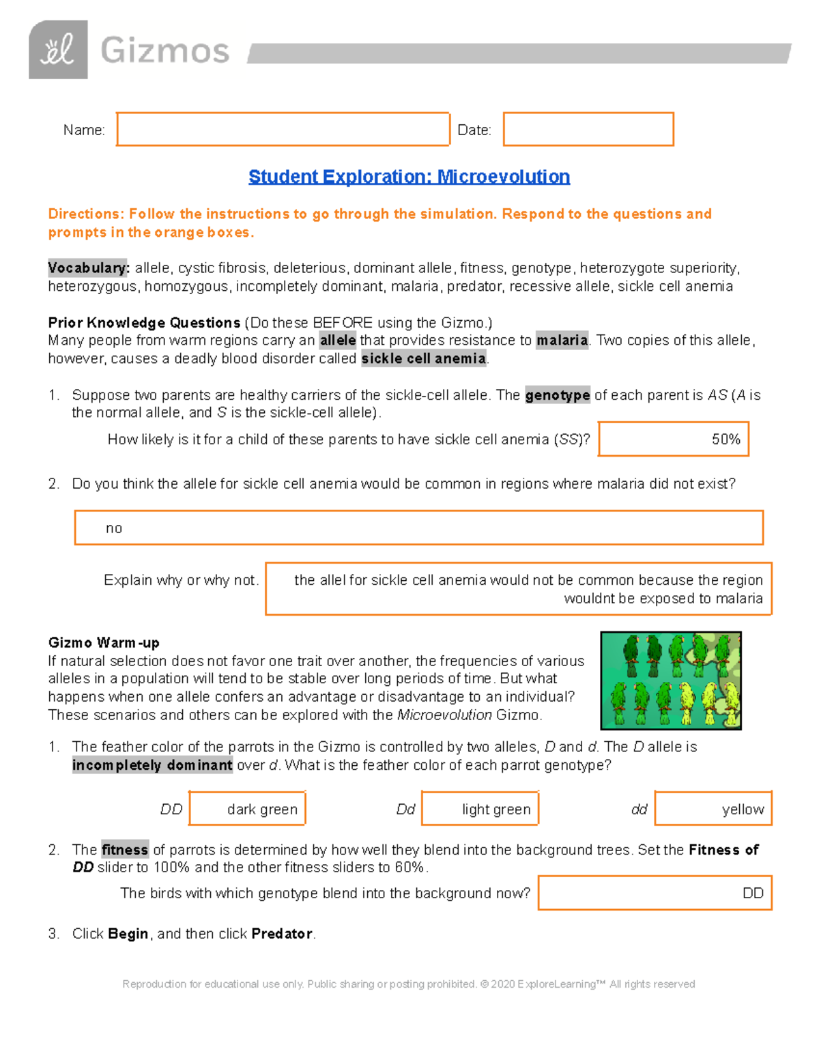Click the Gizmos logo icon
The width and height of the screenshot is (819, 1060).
[58, 50]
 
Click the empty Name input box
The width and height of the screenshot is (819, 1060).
[283, 129]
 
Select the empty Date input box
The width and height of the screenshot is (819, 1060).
[588, 129]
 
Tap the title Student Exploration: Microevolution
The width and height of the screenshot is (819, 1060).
[409, 177]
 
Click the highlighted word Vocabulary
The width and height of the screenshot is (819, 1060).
[89, 268]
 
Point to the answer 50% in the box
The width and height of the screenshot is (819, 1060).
[725, 440]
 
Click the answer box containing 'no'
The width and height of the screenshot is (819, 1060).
[418, 528]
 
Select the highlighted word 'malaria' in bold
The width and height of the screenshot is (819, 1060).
[562, 341]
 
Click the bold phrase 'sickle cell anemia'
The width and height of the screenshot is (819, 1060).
[423, 358]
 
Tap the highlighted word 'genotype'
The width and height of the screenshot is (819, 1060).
[557, 395]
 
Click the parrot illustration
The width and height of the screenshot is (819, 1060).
[670, 681]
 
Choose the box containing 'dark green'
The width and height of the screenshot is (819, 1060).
[247, 809]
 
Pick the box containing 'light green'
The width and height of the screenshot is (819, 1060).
[480, 809]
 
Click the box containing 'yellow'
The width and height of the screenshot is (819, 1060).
[713, 809]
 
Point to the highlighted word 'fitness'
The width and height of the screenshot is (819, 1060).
[125, 850]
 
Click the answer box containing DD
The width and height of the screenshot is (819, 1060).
[655, 893]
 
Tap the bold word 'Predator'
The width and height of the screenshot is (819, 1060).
[281, 934]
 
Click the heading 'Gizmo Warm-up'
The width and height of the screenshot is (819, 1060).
[104, 642]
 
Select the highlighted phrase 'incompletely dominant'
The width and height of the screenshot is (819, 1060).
[152, 765]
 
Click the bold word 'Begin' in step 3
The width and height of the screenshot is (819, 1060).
[128, 934]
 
